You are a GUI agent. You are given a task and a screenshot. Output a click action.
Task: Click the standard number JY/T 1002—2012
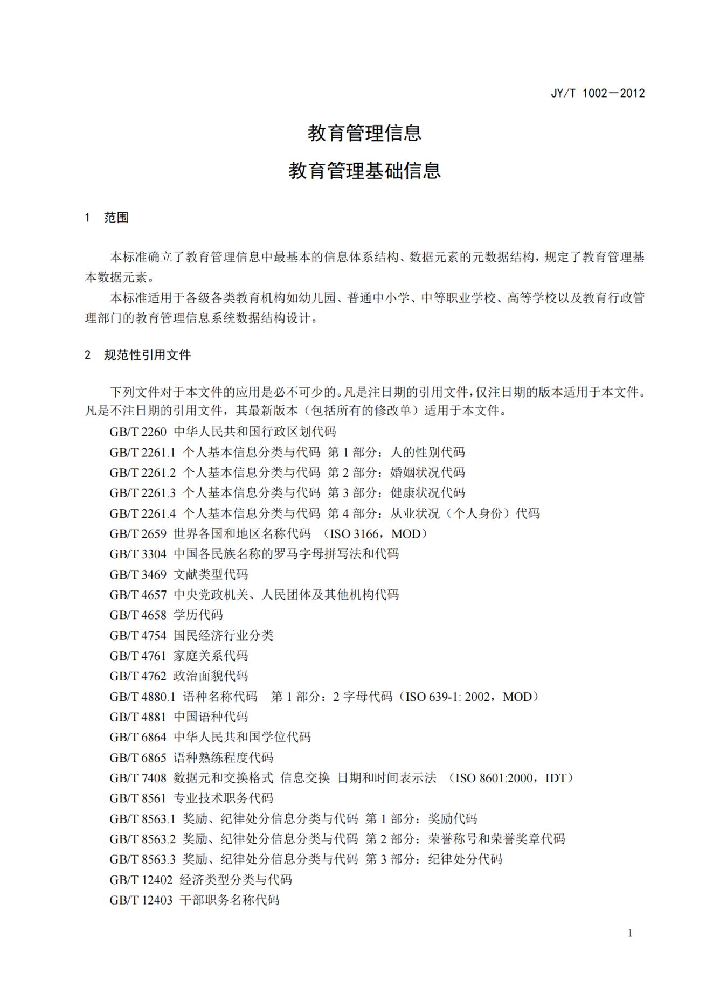pos(597,93)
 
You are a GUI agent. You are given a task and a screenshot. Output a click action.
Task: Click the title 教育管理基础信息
pos(364,170)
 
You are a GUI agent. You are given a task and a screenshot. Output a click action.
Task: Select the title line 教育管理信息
pos(364,133)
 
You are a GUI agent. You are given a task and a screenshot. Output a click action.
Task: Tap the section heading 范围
pos(116,218)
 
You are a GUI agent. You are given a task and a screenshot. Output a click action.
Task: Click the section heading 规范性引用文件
pos(147,355)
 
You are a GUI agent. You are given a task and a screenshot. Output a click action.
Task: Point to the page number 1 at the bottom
pos(630,933)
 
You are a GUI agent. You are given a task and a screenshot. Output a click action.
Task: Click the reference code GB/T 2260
pos(138,432)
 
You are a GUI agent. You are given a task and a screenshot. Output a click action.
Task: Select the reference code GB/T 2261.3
pos(142,493)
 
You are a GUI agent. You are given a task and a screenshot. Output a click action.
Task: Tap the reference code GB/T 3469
pos(138,574)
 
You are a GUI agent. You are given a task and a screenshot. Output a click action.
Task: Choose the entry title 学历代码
pos(198,615)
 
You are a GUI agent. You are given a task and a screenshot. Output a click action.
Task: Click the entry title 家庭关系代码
pos(210,656)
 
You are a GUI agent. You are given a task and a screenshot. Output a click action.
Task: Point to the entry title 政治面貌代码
pos(210,676)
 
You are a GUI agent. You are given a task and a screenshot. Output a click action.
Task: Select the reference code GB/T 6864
pos(138,737)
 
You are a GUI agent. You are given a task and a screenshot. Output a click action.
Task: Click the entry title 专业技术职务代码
pos(223,798)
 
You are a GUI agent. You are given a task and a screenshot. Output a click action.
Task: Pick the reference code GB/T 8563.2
pos(142,839)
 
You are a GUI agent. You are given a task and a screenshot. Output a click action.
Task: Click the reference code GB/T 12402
pos(141,880)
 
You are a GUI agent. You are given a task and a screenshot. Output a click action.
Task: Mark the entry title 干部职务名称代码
pos(229,900)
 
